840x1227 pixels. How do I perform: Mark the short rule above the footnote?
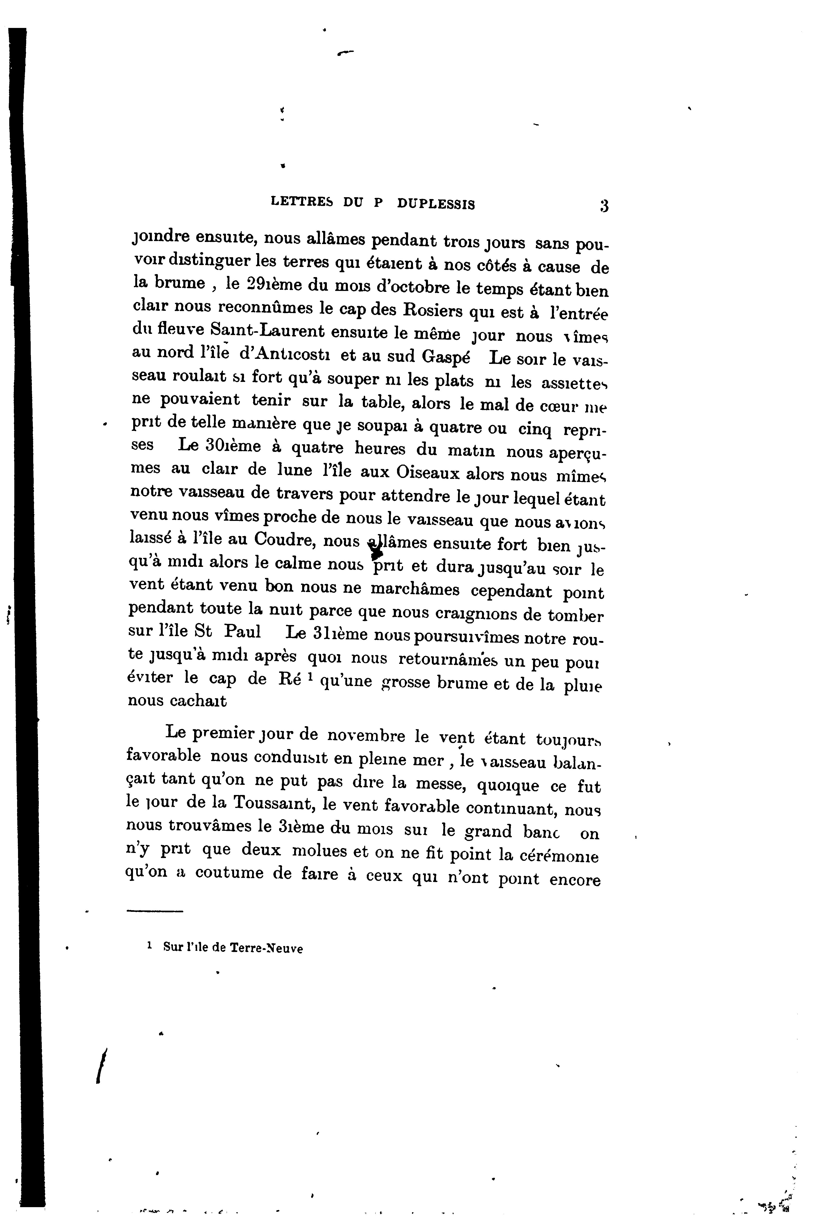pyautogui.click(x=154, y=911)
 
